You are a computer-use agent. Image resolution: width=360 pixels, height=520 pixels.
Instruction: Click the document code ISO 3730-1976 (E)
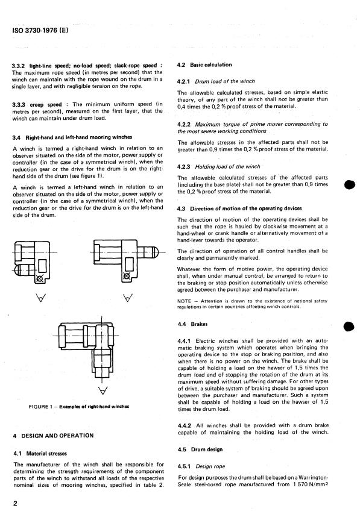(x=40, y=30)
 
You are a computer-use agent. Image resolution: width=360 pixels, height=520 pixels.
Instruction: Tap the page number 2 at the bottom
(x=15, y=503)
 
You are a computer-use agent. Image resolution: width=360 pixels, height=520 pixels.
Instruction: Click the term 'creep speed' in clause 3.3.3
(x=46, y=104)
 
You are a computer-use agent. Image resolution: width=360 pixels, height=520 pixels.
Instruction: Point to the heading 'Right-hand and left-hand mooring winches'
(x=79, y=137)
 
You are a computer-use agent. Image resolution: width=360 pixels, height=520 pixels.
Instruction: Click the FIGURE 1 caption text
(x=79, y=407)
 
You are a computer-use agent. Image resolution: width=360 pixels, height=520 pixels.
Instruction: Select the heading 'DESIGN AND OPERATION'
(x=57, y=436)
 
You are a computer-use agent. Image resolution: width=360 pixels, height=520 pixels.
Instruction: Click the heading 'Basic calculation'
(x=211, y=64)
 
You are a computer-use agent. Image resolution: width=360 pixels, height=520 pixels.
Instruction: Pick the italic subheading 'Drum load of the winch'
(x=225, y=81)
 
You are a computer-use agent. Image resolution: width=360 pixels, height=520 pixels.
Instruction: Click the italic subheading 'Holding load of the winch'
(x=227, y=166)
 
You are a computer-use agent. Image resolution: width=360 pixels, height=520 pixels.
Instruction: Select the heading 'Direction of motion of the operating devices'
(x=246, y=208)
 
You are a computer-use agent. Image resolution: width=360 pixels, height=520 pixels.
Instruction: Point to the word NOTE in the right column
(x=184, y=301)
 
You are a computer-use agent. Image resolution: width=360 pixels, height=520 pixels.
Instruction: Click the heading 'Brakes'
(x=199, y=324)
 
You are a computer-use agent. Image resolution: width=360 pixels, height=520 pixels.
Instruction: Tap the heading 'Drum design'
(x=207, y=450)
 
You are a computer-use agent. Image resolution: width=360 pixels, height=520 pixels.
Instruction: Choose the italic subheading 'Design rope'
(x=210, y=466)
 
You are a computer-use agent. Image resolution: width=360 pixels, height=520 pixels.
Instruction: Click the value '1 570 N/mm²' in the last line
(x=311, y=484)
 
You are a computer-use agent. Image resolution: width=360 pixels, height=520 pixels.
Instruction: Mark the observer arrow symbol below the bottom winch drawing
(x=104, y=390)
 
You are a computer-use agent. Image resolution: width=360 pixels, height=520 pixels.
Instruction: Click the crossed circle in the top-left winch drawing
(x=39, y=278)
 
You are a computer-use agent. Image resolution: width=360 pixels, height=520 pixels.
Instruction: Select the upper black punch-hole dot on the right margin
(x=350, y=184)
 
